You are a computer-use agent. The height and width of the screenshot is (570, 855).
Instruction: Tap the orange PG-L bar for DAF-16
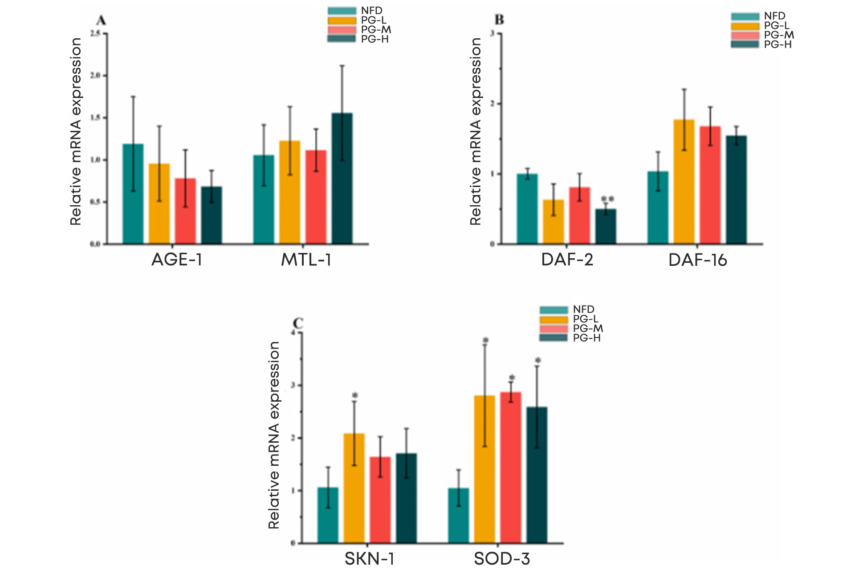point(684,182)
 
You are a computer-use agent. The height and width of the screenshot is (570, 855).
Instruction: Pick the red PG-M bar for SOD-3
point(510,468)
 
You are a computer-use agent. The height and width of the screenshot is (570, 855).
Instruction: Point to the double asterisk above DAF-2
point(607,199)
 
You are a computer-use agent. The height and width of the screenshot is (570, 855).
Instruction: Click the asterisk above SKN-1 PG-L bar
point(355,395)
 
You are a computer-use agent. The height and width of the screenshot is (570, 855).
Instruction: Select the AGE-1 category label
point(177,260)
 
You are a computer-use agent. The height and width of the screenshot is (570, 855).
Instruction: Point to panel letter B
point(500,20)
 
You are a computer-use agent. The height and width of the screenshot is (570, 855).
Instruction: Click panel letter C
point(298,323)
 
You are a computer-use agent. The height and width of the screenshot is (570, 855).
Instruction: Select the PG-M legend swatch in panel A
point(342,30)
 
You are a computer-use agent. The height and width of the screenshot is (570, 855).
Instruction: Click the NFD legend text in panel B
point(774,16)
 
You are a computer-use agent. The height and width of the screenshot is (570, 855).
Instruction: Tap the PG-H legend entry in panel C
point(586,338)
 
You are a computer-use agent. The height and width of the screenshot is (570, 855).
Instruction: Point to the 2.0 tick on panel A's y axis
point(95,76)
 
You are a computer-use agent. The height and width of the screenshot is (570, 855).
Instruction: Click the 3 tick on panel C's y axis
point(293,385)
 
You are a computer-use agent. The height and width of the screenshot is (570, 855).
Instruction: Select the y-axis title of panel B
point(476,131)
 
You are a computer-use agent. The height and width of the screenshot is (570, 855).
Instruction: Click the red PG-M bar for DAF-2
point(579,216)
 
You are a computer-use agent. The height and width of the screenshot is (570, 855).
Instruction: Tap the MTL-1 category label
point(306,260)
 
